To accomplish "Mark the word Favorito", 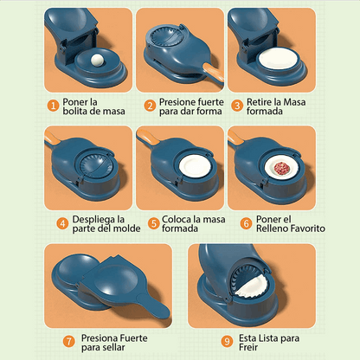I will [x=311, y=228].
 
